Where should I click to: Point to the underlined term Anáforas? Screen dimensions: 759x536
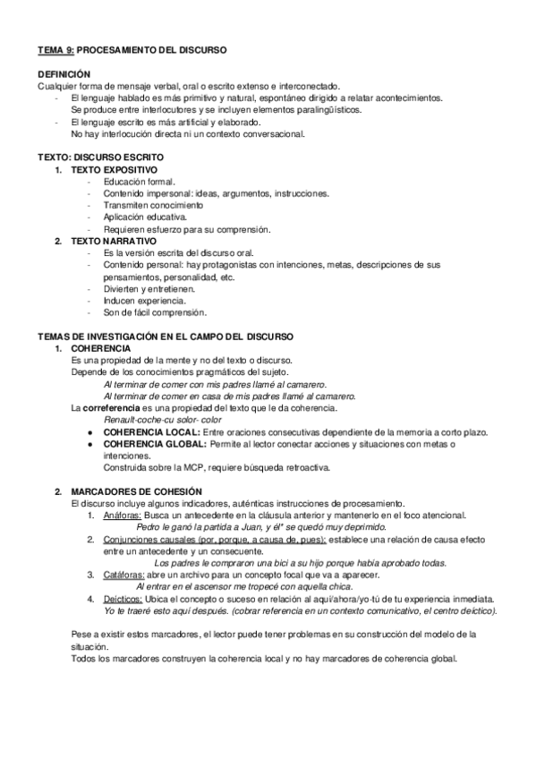click(120, 516)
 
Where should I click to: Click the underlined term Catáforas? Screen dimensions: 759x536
click(121, 576)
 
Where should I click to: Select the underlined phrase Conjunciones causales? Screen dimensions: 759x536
click(152, 540)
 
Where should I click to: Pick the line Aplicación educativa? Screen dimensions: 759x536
click(144, 217)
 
